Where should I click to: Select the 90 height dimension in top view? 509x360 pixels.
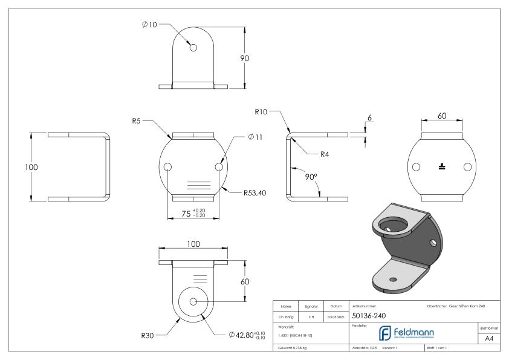[245, 58]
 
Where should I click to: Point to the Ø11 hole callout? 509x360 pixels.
[255, 137]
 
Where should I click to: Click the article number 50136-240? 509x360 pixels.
[369, 315]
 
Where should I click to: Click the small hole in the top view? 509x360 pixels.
[193, 48]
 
